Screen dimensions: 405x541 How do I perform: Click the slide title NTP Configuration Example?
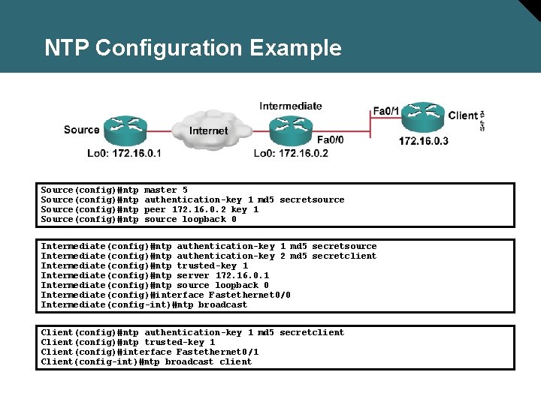[192, 48]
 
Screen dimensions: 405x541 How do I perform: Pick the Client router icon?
[424, 115]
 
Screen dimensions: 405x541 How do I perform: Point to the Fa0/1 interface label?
[387, 111]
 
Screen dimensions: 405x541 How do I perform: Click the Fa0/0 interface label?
[331, 139]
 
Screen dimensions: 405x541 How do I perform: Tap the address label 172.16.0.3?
[424, 141]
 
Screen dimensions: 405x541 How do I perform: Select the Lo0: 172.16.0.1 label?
[124, 154]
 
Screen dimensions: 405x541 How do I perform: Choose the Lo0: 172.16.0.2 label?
[291, 154]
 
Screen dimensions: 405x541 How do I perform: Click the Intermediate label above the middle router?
[291, 106]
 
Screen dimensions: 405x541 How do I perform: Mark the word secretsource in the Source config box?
[312, 200]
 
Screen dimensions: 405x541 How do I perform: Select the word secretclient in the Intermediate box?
[344, 256]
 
